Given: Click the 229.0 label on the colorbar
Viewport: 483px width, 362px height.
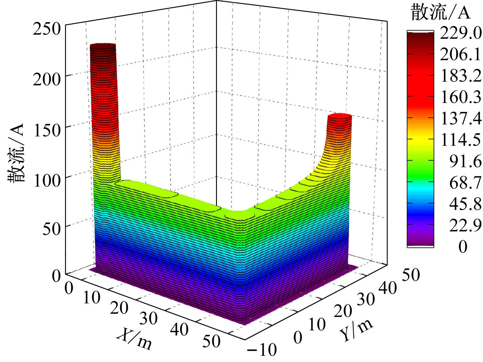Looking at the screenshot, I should tap(461, 33).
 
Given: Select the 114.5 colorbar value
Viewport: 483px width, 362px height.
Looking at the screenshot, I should tap(461, 140).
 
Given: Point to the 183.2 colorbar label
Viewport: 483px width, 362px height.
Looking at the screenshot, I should tap(461, 76).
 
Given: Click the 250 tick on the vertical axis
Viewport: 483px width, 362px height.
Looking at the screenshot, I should tap(47, 29).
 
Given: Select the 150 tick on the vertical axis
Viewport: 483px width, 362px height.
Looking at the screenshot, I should tap(47, 130).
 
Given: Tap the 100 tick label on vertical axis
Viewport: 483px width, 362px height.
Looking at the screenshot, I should tap(47, 181).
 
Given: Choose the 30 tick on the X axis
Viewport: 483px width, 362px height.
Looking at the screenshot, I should tap(148, 319).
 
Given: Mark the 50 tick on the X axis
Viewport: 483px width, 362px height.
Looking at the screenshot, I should tap(212, 341).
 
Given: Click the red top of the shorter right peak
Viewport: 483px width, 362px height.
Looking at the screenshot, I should tap(339, 116).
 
